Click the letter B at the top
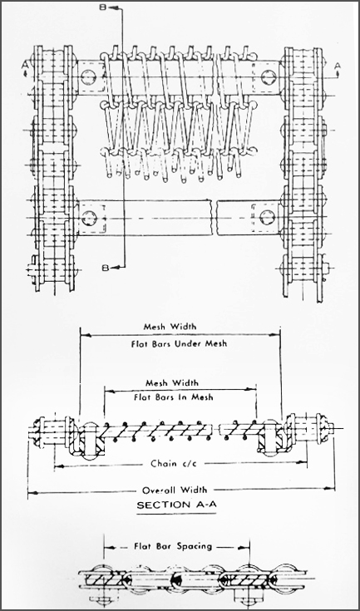[103, 7]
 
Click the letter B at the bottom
[106, 268]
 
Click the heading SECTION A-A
[176, 505]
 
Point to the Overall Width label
[175, 490]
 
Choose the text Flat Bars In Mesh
[174, 397]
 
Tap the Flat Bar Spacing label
[173, 546]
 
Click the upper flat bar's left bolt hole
[89, 76]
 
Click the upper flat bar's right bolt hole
[269, 76]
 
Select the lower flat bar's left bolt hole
[89, 217]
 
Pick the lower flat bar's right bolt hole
[267, 217]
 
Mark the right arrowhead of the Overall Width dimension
[330, 488]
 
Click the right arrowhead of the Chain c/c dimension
[303, 462]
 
